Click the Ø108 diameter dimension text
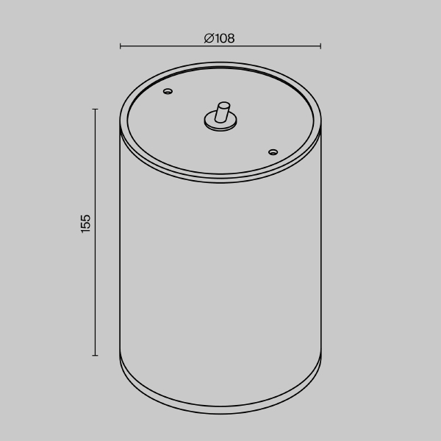coord(220,38)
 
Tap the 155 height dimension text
coord(86,223)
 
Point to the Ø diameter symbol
coord(209,38)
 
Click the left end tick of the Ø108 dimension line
coord(121,46)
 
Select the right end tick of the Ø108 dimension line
coord(320,46)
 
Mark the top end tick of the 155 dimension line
coord(95,109)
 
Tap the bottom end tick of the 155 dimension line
coord(95,356)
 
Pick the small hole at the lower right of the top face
coord(273,152)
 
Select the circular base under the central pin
coord(219,126)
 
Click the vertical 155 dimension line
coord(95,279)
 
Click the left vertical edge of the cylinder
coord(120,243)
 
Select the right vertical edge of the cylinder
coord(321,243)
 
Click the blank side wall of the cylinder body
coord(220,279)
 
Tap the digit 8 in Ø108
coord(231,38)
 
